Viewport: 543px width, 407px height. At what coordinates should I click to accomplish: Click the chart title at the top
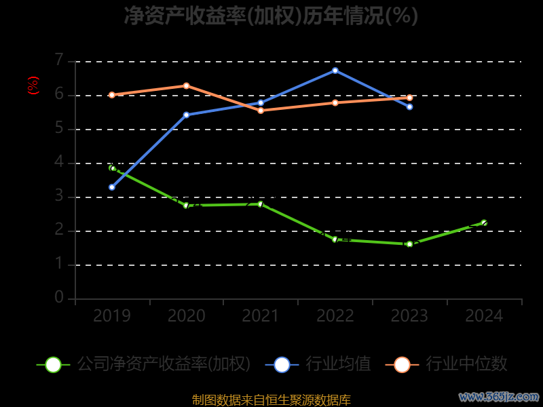(x=271, y=16)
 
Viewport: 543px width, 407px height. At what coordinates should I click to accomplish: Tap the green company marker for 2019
(x=112, y=168)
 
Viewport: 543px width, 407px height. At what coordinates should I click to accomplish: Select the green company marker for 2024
(x=484, y=222)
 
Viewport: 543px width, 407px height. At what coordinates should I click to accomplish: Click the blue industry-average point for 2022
(x=335, y=71)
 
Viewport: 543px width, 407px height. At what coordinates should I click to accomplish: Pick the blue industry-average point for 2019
(x=112, y=187)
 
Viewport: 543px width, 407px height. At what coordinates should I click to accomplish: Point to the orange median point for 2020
(x=187, y=85)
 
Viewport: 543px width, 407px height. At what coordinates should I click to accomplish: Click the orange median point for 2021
(x=261, y=110)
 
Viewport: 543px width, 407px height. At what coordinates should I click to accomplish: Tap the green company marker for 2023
(x=409, y=244)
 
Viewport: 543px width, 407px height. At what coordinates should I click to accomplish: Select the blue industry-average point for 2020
(x=187, y=115)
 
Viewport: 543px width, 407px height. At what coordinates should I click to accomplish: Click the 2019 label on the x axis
(x=112, y=316)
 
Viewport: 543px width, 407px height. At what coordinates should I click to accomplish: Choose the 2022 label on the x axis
(x=335, y=316)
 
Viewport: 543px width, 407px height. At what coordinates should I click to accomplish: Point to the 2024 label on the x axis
(x=484, y=316)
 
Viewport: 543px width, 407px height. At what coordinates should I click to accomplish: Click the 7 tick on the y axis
(x=59, y=60)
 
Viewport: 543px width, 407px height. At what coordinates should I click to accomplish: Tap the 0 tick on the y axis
(x=59, y=298)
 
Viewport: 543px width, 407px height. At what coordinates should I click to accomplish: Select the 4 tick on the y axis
(x=59, y=162)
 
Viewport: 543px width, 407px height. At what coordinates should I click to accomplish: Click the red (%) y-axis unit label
(x=33, y=85)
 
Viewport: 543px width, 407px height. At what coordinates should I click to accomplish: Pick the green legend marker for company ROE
(x=54, y=364)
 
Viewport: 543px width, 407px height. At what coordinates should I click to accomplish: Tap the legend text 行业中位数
(x=466, y=364)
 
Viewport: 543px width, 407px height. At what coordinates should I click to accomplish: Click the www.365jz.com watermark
(x=499, y=396)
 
